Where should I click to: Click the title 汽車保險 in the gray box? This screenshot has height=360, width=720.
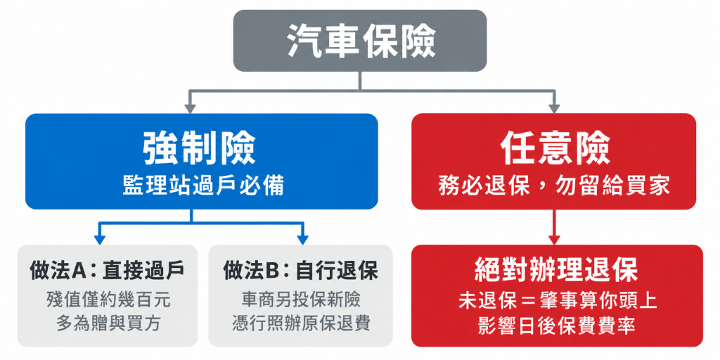tap(360, 40)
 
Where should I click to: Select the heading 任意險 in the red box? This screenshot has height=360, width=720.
tap(555, 149)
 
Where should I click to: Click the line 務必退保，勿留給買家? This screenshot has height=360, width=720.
tap(554, 186)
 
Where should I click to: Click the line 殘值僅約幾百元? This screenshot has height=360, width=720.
tap(108, 300)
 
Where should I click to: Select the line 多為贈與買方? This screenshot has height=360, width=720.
tap(108, 323)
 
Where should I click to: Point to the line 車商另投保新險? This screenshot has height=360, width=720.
tap(301, 300)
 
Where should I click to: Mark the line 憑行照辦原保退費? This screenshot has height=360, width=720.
tap(301, 323)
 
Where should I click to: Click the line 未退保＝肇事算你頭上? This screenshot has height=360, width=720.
tap(558, 301)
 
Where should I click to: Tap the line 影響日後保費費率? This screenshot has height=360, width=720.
tap(558, 325)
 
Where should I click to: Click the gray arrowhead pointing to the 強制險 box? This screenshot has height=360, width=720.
tap(190, 109)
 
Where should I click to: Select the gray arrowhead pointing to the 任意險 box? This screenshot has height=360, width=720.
tap(554, 109)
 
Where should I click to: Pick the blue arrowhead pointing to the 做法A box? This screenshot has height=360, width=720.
tap(100, 240)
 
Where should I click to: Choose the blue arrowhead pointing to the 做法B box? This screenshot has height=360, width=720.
tap(302, 240)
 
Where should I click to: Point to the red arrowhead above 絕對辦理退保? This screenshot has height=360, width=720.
tap(554, 240)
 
